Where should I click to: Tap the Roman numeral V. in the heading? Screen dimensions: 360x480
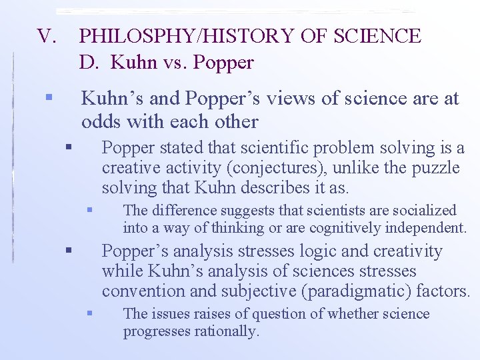(x=49, y=36)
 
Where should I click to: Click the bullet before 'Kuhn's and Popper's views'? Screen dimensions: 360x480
(x=48, y=98)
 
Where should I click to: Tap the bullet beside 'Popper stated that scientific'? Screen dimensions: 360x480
(x=69, y=147)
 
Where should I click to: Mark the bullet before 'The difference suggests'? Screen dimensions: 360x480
(x=90, y=211)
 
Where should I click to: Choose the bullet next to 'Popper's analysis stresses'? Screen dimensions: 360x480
(x=69, y=251)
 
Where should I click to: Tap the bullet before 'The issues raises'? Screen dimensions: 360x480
(x=90, y=313)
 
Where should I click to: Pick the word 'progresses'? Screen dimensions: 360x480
(x=155, y=331)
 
